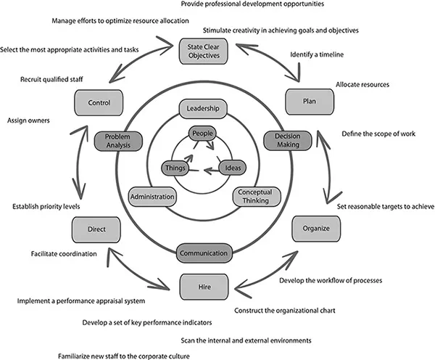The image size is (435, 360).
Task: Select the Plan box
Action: pos(309,102)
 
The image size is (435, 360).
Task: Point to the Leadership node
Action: pos(203,109)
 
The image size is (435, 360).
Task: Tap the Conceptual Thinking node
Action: pos(252,197)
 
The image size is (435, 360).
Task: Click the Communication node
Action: pos(204,253)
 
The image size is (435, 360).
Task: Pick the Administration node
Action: pos(152,196)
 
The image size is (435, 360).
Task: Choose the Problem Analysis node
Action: pos(117,140)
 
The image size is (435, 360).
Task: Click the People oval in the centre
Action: pos(202,134)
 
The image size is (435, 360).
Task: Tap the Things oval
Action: pos(175,168)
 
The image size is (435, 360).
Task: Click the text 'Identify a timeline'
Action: pos(316,54)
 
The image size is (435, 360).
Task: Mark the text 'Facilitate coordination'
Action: pos(65,254)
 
